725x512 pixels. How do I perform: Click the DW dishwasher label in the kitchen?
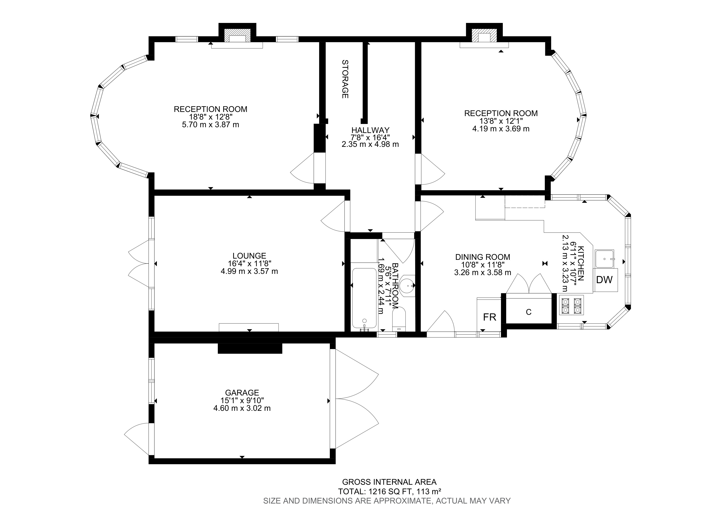(604, 279)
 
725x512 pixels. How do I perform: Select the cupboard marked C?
(529, 312)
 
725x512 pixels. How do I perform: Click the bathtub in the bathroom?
(364, 298)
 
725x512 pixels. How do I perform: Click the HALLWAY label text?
(370, 130)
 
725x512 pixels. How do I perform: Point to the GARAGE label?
(242, 393)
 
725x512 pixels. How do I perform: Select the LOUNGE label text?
(249, 256)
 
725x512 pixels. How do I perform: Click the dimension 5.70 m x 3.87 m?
(210, 125)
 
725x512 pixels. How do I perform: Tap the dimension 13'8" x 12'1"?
(501, 121)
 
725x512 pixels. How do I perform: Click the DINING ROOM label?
(483, 257)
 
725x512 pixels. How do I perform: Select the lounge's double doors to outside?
(139, 263)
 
